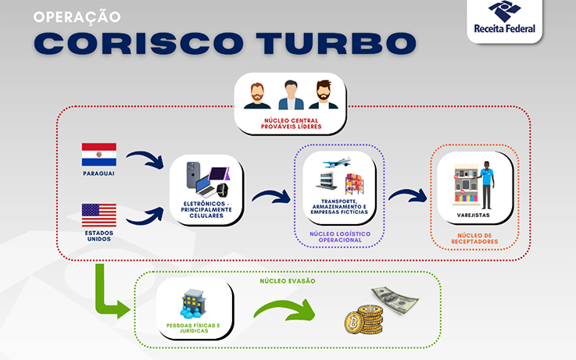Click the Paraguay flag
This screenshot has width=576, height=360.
click(x=98, y=154)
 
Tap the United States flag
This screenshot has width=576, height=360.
click(x=98, y=215)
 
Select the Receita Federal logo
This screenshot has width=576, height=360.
click(x=504, y=20)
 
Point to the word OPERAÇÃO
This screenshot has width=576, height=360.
click(x=77, y=16)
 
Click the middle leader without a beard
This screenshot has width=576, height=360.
click(x=290, y=95)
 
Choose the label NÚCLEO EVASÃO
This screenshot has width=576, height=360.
click(x=288, y=280)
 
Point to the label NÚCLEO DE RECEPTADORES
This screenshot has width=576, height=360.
click(x=474, y=238)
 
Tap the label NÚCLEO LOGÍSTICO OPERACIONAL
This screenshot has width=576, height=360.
click(x=339, y=237)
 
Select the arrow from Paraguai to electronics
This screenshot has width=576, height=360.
click(x=145, y=160)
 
